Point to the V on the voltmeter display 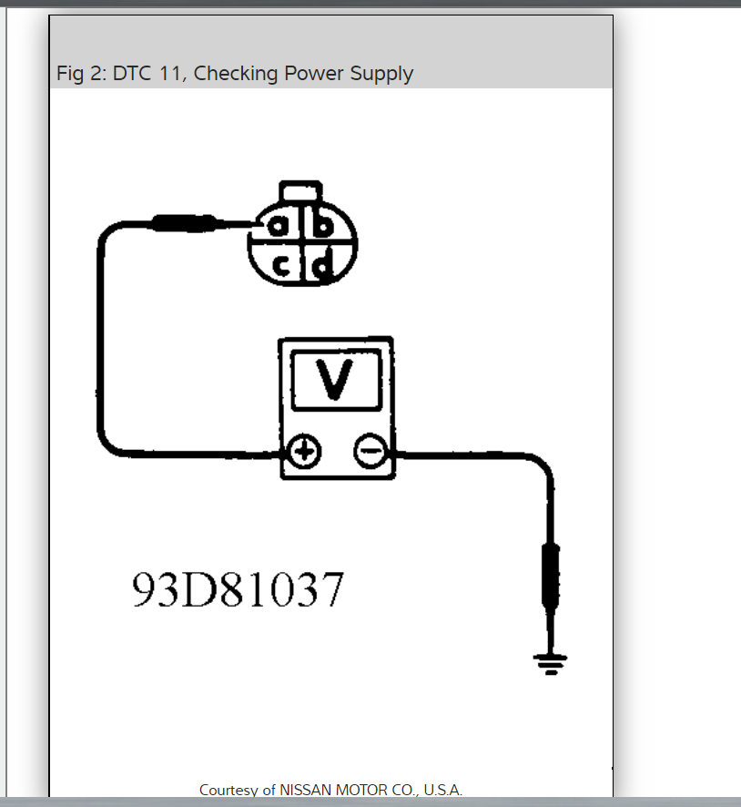click(336, 380)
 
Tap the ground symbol click(550, 663)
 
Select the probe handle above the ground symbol click(550, 574)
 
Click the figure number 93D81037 click(239, 590)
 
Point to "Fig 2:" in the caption click(81, 74)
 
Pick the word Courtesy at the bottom click(228, 790)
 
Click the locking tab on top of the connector click(300, 192)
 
